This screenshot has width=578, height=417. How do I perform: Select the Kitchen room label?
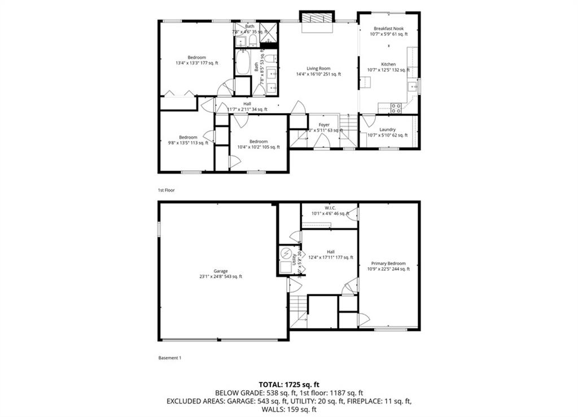coord(388,64)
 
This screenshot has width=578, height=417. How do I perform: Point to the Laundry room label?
coord(387,129)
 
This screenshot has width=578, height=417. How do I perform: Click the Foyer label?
coord(324,125)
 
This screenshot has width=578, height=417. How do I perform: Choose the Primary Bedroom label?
coord(388,263)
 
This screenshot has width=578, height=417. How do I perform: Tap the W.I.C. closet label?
coord(331,207)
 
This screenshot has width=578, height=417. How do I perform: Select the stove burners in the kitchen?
coord(396,107)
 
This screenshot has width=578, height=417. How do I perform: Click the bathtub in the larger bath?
coord(243,64)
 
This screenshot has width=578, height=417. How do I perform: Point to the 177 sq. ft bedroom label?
coord(196,58)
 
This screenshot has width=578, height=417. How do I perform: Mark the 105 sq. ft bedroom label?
coord(258,141)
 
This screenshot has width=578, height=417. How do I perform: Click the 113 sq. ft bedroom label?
coord(188,137)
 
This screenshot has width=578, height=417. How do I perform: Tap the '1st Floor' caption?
coord(166,190)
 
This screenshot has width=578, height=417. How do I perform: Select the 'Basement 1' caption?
coord(169,358)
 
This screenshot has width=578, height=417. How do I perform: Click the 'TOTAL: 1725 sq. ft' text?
coord(288,384)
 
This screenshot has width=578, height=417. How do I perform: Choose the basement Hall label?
coord(331,252)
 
